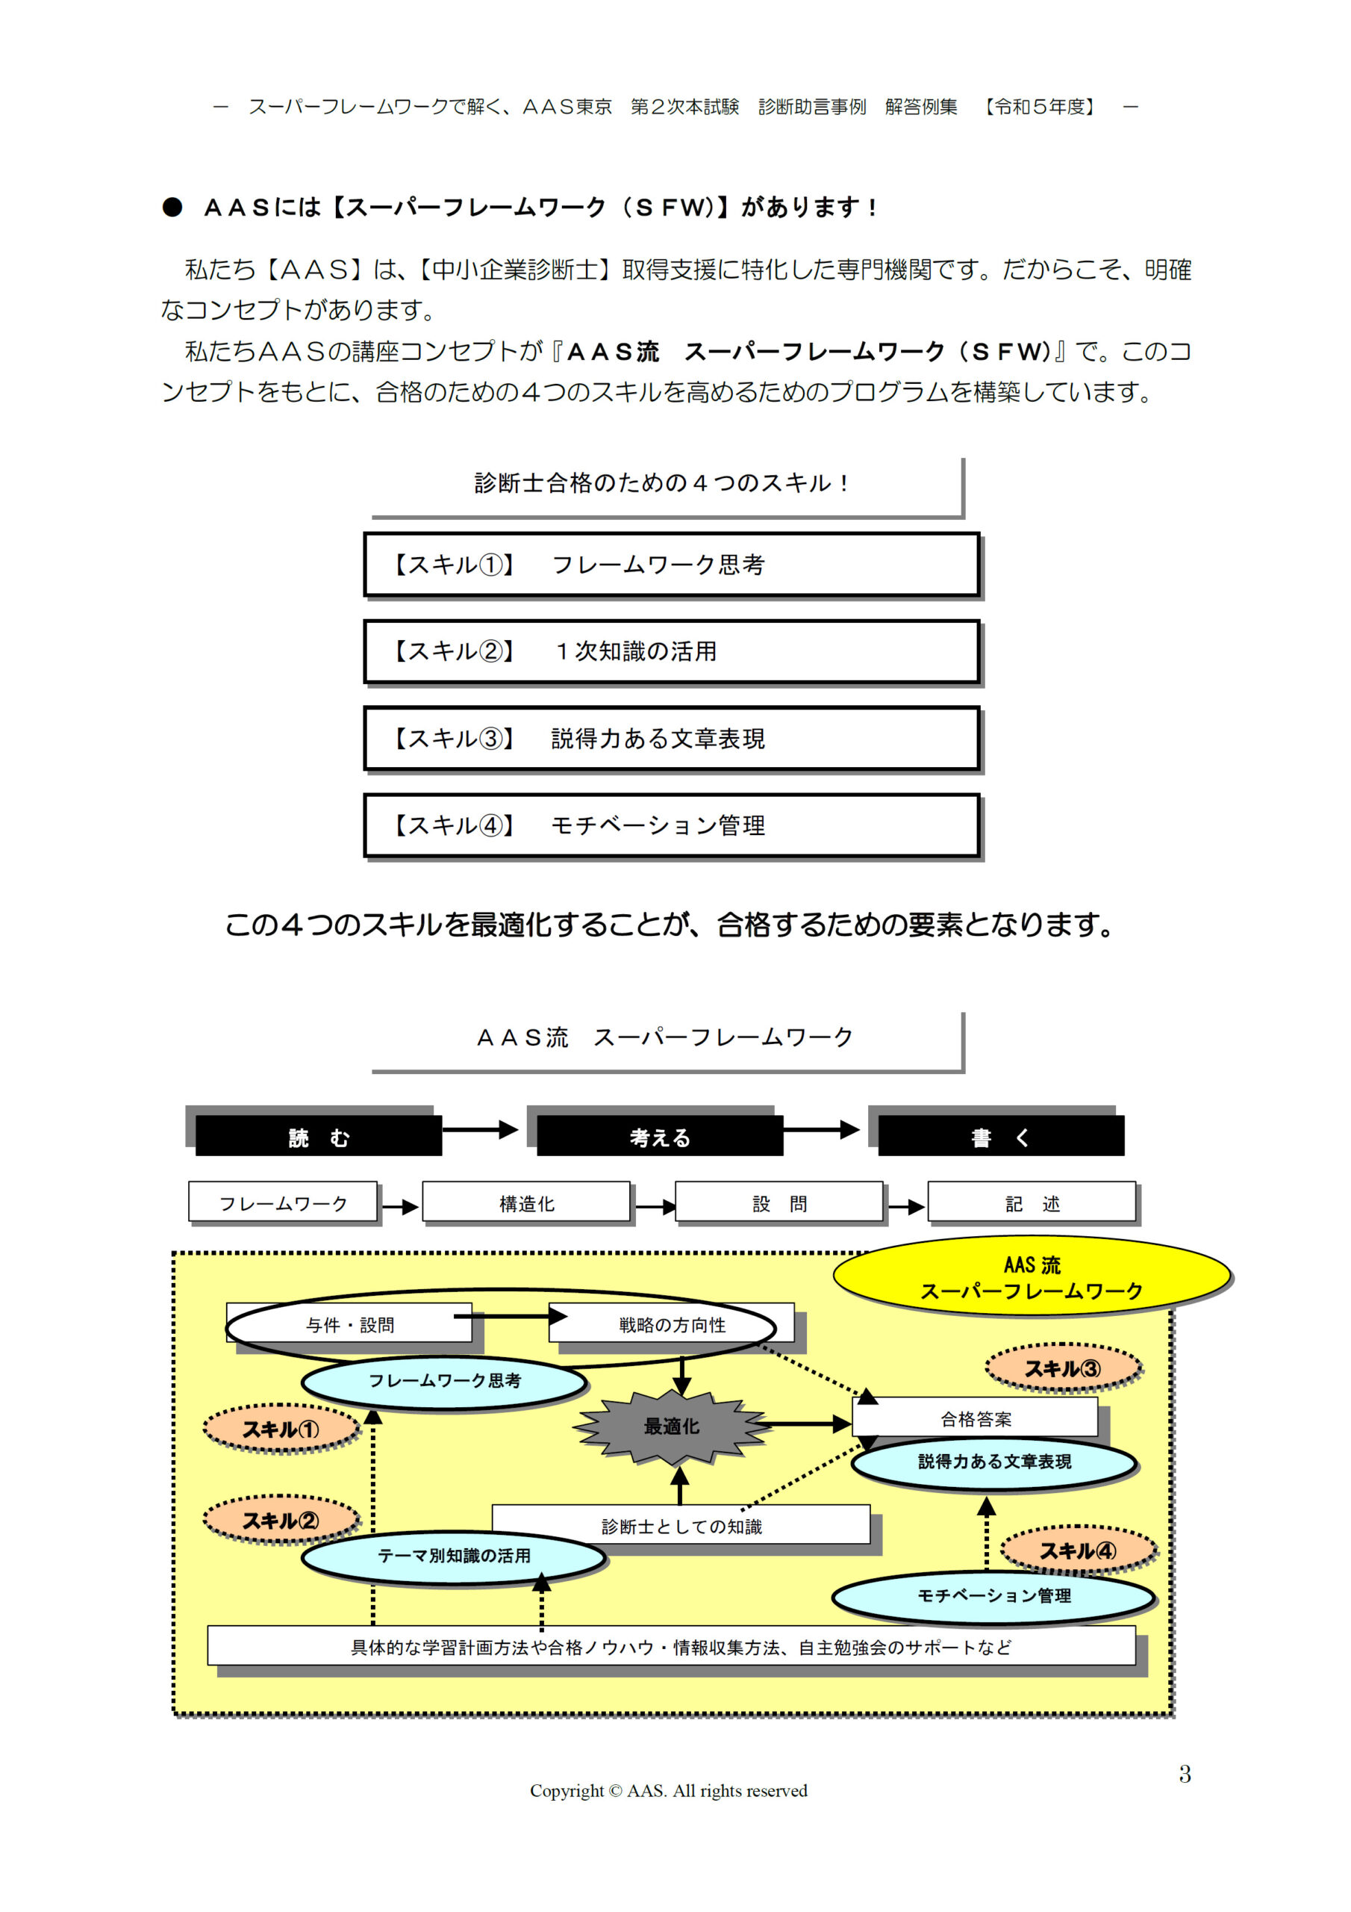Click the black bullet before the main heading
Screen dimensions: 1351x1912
click(172, 208)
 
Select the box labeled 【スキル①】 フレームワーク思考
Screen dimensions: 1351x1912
click(672, 565)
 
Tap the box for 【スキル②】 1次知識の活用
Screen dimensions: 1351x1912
click(672, 651)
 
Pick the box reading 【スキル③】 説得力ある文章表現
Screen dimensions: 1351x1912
click(672, 739)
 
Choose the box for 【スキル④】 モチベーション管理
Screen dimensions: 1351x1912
click(672, 825)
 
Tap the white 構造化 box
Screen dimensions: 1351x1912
click(526, 1202)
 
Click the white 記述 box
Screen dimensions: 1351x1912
click(1032, 1202)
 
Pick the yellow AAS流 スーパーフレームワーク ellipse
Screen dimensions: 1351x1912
click(1032, 1276)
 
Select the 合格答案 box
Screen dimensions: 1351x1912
click(976, 1418)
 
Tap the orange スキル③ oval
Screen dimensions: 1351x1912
click(1063, 1368)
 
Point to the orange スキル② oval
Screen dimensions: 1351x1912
click(281, 1520)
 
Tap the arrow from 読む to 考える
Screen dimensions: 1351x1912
click(480, 1129)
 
